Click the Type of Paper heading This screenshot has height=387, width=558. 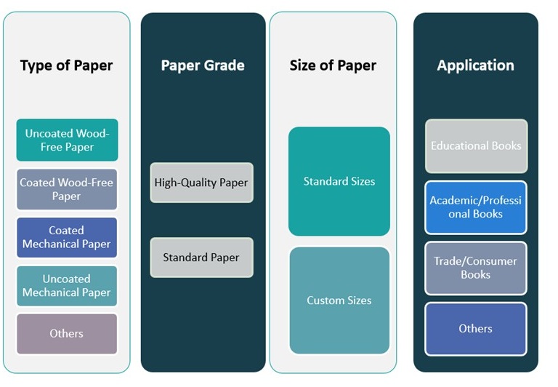coord(66,65)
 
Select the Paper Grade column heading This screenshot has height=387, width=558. coord(203,65)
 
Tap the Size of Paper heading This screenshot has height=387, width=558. coord(333,65)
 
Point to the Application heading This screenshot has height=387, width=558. coord(475,65)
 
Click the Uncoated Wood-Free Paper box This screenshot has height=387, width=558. coord(68,140)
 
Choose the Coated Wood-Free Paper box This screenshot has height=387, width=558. coord(67,189)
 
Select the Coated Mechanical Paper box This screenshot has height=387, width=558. coord(67,237)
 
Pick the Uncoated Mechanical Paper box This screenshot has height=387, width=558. coord(67,286)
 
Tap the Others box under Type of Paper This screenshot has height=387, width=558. coord(67,334)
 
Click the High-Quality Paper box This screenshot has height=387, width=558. coord(201,183)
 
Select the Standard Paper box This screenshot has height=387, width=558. coord(201,258)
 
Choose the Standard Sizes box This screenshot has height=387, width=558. coord(339,181)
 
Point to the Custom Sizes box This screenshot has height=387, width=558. coord(339,300)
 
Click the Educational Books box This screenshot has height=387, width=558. coord(476,146)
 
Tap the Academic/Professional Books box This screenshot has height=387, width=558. coord(476,207)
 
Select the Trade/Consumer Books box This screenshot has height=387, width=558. coord(476,268)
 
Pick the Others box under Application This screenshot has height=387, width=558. coord(476,329)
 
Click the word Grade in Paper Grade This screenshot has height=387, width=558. coord(224,65)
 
